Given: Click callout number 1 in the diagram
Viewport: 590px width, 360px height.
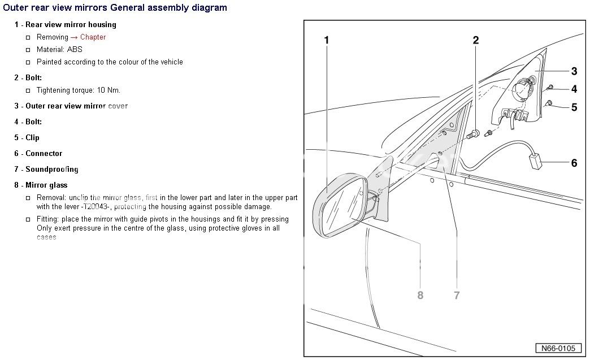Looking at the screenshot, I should click(327, 40).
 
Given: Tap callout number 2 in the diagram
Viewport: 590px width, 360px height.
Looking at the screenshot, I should click(476, 40).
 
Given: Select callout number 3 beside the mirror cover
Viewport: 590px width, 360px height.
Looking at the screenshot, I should click(574, 71).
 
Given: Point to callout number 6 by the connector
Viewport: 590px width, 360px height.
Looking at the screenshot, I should click(574, 163).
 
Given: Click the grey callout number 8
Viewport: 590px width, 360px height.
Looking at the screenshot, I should click(420, 295).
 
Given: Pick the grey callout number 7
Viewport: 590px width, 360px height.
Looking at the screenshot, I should click(457, 295).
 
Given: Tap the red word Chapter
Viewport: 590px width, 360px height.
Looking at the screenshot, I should click(93, 37).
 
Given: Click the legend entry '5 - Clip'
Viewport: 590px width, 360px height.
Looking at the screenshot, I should click(27, 137).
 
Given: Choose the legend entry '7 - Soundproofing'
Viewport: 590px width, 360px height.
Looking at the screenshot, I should click(46, 169).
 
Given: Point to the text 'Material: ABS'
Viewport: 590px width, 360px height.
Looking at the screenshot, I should click(59, 50).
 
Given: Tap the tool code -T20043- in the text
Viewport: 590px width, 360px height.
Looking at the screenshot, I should click(89, 207).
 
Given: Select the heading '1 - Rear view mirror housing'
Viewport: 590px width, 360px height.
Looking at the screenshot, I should click(65, 25).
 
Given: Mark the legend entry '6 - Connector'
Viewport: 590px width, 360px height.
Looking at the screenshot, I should click(38, 153).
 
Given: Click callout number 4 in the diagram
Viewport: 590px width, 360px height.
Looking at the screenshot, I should click(574, 89).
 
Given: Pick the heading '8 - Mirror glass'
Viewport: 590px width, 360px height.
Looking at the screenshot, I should click(41, 185).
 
